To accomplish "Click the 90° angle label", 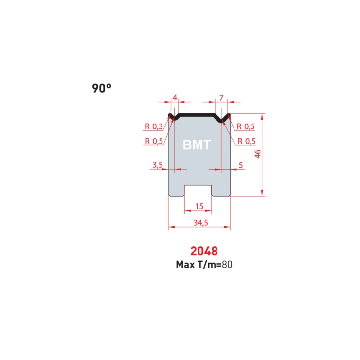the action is tap(102, 88).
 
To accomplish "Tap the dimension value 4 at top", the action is tap(175, 98).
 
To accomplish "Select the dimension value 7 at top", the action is tap(221, 98).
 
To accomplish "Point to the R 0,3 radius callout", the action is tap(154, 126).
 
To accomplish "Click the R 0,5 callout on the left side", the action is tap(154, 141).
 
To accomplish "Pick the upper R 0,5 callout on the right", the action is tap(246, 126).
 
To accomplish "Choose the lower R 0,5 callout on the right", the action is tap(247, 141).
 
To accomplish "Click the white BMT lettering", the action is tap(197, 145).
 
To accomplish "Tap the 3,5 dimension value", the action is tap(158, 165).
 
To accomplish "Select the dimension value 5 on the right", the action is tap(241, 165).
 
